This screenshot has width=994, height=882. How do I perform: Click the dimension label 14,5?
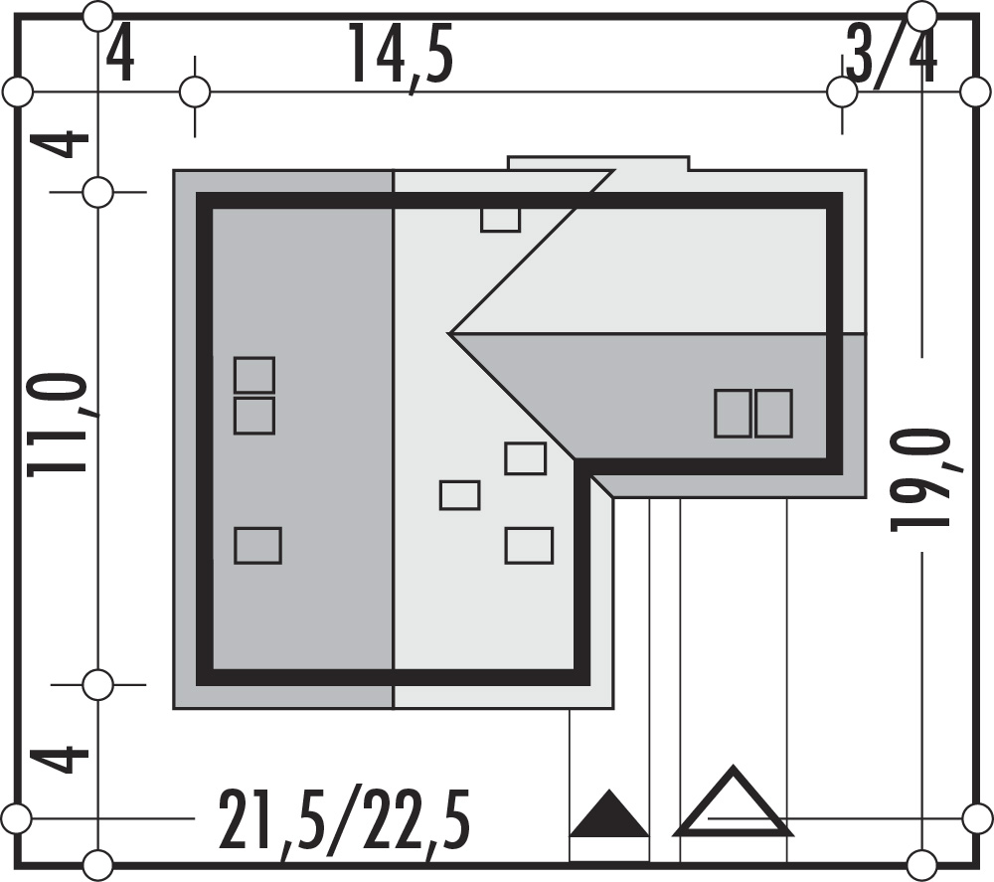402,56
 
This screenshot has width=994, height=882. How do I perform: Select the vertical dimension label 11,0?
58,424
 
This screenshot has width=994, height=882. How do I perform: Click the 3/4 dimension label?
892,57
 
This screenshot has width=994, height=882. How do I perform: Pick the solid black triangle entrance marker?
609,812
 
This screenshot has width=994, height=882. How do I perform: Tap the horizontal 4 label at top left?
120,56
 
